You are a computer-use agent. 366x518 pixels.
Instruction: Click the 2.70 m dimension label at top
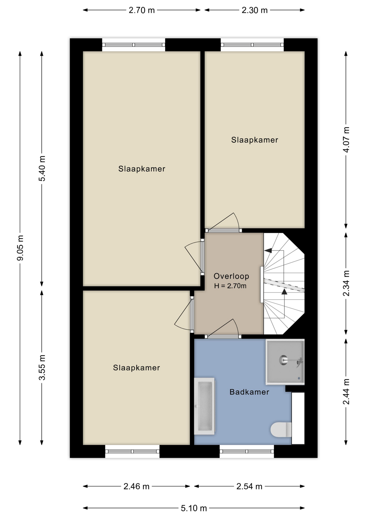pyautogui.click(x=141, y=10)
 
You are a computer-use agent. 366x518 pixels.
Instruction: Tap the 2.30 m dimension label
pyautogui.click(x=254, y=10)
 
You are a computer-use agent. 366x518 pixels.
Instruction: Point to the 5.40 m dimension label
pyautogui.click(x=42, y=169)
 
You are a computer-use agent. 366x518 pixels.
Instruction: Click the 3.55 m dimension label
pyautogui.click(x=42, y=367)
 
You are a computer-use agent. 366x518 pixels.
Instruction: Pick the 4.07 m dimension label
pyautogui.click(x=346, y=139)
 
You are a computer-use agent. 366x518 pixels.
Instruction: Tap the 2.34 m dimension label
pyautogui.click(x=346, y=283)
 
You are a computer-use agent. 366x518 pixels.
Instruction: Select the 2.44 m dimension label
pyautogui.click(x=346, y=391)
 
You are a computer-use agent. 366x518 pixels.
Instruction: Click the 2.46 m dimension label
pyautogui.click(x=136, y=486)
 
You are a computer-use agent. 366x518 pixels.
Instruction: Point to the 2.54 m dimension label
pyautogui.click(x=249, y=486)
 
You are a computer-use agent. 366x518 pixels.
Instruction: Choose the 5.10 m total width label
pyautogui.click(x=194, y=509)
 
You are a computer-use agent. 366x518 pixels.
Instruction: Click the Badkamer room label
pyautogui.click(x=249, y=392)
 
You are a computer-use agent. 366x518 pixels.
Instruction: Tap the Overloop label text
pyautogui.click(x=231, y=276)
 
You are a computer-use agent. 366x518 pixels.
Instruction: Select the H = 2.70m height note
pyautogui.click(x=230, y=286)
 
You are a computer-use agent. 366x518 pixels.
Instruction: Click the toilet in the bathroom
pyautogui.click(x=281, y=430)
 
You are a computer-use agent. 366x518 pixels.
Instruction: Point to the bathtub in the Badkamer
pyautogui.click(x=204, y=406)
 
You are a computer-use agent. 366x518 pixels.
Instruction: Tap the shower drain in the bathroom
pyautogui.click(x=283, y=360)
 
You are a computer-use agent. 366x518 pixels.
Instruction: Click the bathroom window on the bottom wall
pyautogui.click(x=247, y=451)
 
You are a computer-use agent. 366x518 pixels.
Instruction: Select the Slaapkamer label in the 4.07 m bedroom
pyautogui.click(x=255, y=140)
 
